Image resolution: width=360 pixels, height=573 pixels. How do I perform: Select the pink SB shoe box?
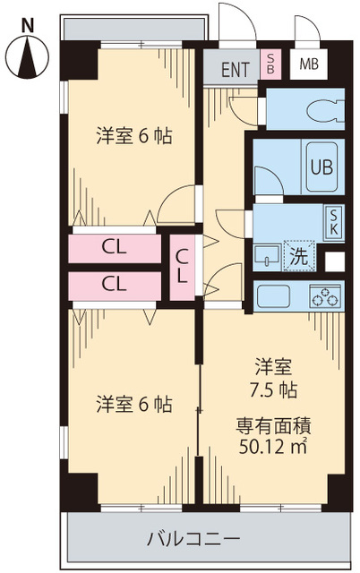[x=270, y=64]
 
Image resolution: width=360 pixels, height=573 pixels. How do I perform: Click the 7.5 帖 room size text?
[x=276, y=390]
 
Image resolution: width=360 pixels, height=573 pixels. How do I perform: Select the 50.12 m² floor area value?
[x=274, y=447]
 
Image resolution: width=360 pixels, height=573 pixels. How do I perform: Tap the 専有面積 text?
[x=274, y=425]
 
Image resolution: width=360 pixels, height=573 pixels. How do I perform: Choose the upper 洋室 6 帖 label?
[x=134, y=136]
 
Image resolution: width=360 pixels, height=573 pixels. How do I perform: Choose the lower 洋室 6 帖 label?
[x=134, y=404]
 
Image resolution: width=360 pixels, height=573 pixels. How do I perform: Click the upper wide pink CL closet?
[x=114, y=246]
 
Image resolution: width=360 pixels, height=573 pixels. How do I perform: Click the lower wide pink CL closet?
[x=114, y=285]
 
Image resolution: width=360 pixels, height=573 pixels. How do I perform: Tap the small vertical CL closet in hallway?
[x=182, y=266]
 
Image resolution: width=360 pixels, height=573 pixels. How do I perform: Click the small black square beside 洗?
[x=333, y=262]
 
